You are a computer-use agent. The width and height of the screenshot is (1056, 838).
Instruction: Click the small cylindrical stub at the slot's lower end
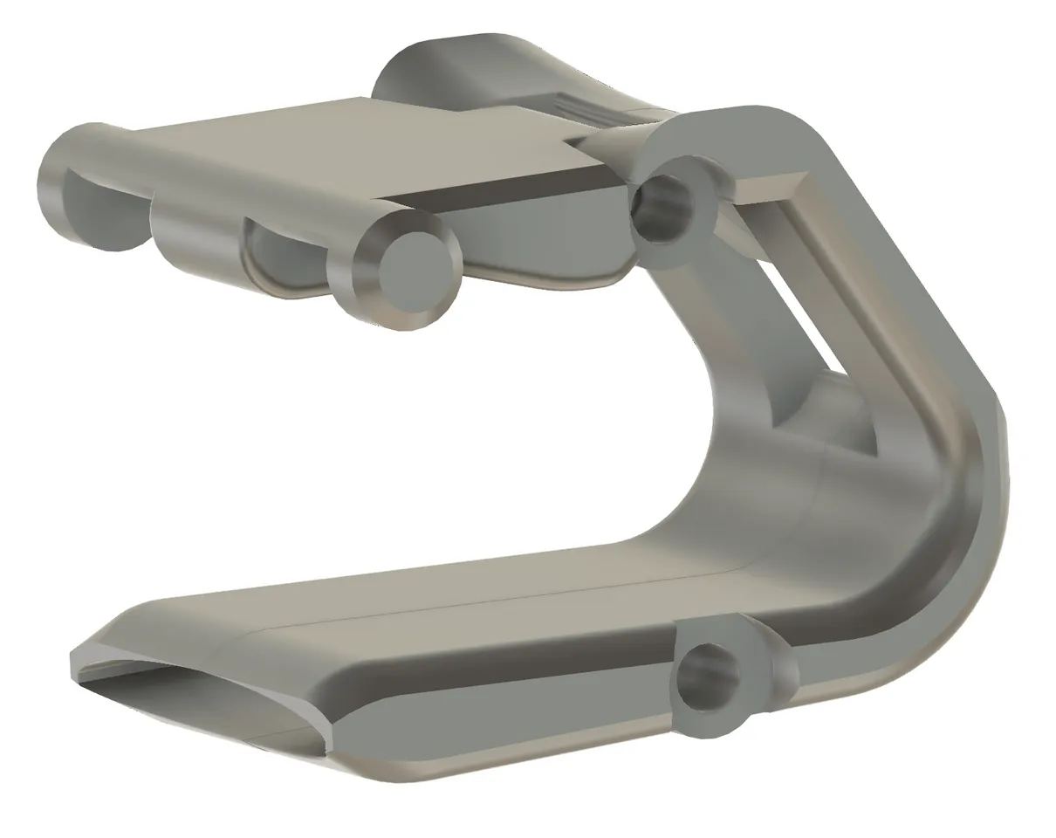point(838,410)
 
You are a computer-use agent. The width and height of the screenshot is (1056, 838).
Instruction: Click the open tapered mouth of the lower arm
point(201,698)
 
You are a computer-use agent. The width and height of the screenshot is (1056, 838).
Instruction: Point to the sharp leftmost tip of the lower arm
point(73,663)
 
